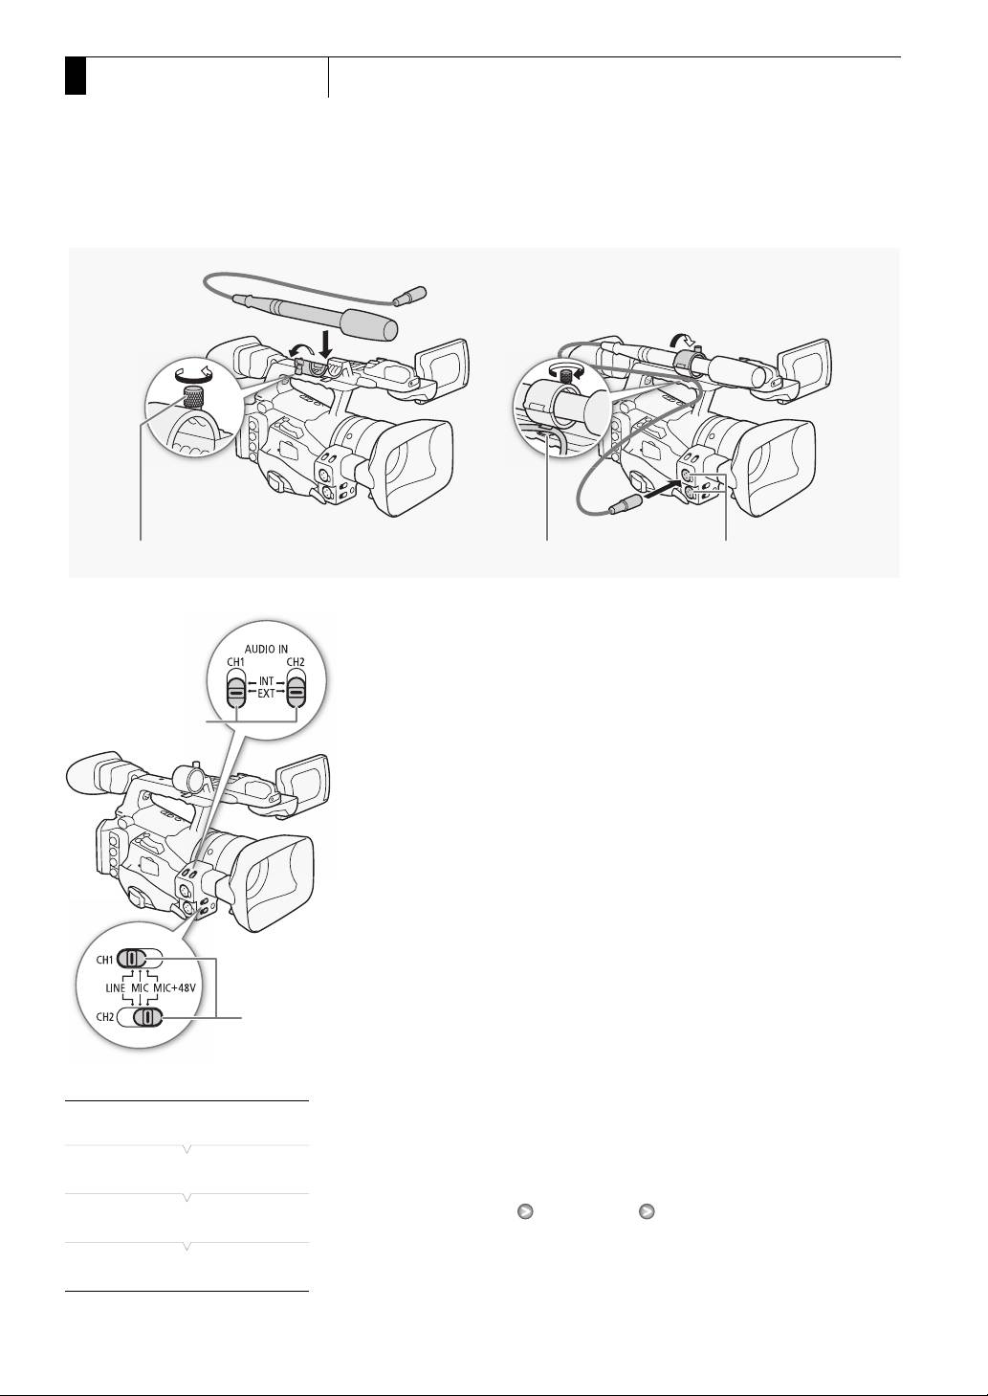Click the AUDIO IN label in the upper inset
tap(266, 649)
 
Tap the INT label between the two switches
tap(266, 681)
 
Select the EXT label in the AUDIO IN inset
tap(266, 693)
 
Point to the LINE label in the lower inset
tap(115, 987)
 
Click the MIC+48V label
tap(174, 987)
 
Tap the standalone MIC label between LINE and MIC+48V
tap(140, 987)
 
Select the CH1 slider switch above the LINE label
tap(139, 958)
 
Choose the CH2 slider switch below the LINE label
tap(139, 1017)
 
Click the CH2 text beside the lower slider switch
tap(104, 1017)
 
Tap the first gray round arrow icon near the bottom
tap(525, 1211)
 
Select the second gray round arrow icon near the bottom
tap(647, 1211)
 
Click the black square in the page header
tap(76, 76)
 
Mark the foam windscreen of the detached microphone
tap(371, 324)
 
